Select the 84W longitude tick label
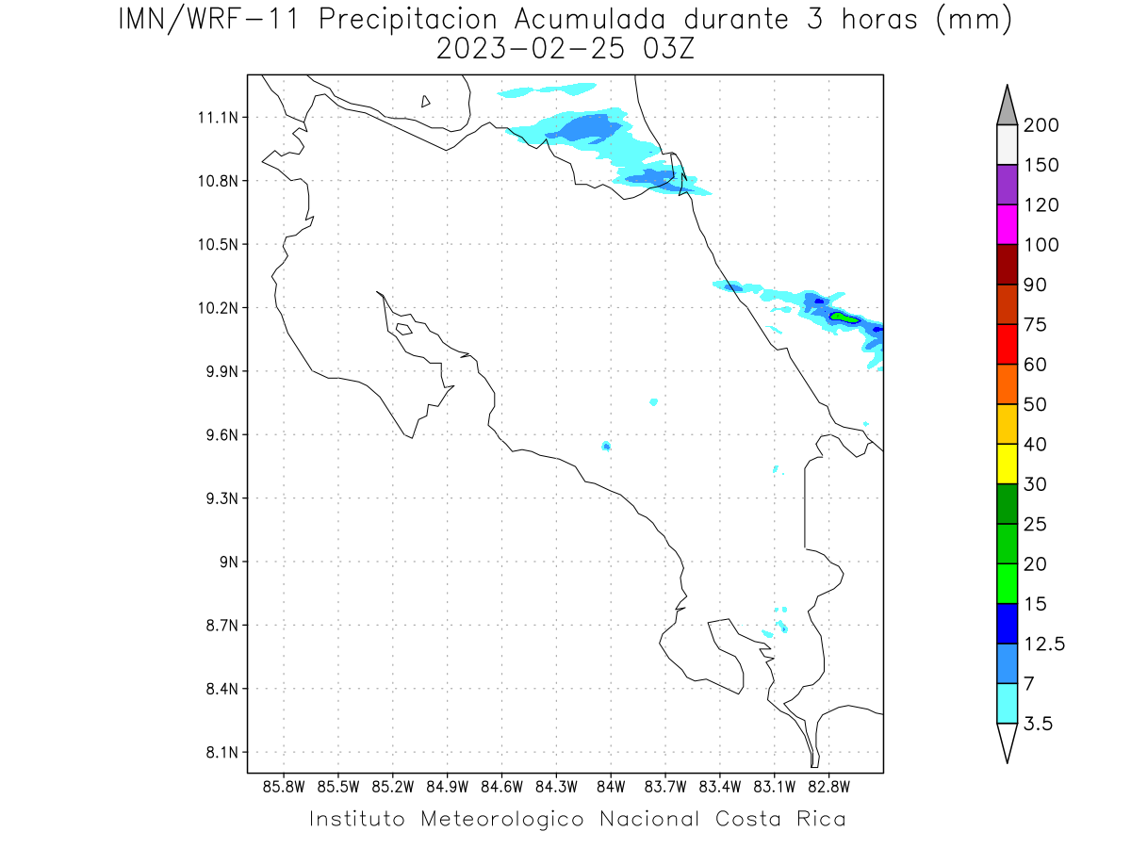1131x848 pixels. pyautogui.click(x=611, y=786)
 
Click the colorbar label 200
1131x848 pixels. pyautogui.click(x=1041, y=125)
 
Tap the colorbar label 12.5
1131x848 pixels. pyautogui.click(x=1044, y=644)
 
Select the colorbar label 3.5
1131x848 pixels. pyautogui.click(x=1039, y=724)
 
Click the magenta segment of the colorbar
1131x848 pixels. pyautogui.click(x=1007, y=224)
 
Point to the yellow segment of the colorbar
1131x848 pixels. pyautogui.click(x=1007, y=464)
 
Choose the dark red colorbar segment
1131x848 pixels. pyautogui.click(x=1007, y=264)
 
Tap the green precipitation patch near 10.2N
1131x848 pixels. pyautogui.click(x=844, y=318)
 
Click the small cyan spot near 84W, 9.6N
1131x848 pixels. pyautogui.click(x=606, y=446)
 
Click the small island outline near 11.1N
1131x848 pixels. pyautogui.click(x=426, y=101)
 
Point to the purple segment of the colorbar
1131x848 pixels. pyautogui.click(x=1007, y=185)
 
